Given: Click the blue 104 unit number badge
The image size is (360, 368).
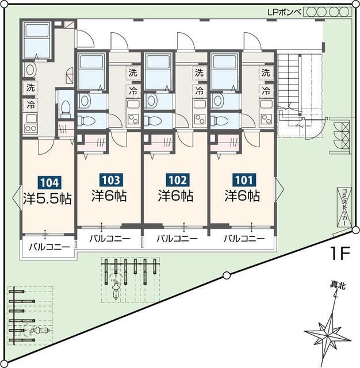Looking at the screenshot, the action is click(50, 183).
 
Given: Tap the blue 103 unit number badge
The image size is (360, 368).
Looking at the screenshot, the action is click(111, 180).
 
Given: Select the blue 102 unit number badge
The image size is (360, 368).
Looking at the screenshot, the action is click(178, 180).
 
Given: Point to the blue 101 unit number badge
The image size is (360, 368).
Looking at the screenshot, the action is click(244, 180).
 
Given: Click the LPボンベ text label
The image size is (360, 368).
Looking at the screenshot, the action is click(284, 12).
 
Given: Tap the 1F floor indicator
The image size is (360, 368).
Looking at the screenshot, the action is click(340, 253).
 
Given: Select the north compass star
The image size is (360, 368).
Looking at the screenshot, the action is click(328, 333).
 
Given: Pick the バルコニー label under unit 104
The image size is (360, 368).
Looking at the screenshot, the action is click(49, 247).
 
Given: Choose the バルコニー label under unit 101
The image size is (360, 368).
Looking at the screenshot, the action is click(244, 239).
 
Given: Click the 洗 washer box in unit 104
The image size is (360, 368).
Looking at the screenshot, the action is click(30, 87).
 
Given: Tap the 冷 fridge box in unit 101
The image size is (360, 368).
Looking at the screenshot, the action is click(266, 90).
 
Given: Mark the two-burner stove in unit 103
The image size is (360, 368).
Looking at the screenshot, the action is click(133, 120).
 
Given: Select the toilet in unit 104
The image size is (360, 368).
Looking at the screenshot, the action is click(66, 109).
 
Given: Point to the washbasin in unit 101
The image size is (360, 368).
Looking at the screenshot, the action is click(217, 100).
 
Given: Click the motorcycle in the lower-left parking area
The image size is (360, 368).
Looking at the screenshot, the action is click(40, 331).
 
